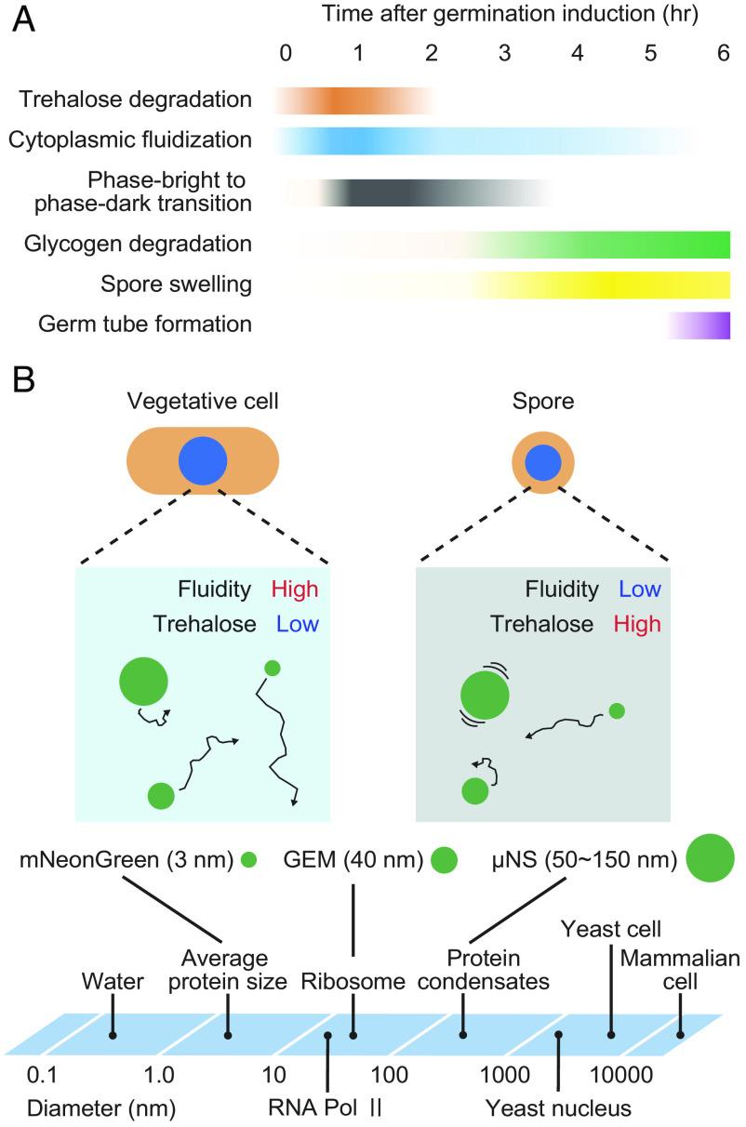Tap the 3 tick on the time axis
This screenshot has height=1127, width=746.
tap(504, 54)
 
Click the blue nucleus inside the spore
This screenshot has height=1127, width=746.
tap(543, 461)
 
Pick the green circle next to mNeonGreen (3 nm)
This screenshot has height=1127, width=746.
tap(248, 860)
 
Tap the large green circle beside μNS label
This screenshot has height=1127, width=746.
tap(711, 858)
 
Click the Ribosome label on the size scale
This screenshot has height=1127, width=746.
tap(353, 981)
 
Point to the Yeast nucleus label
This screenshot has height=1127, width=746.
tap(558, 1108)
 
